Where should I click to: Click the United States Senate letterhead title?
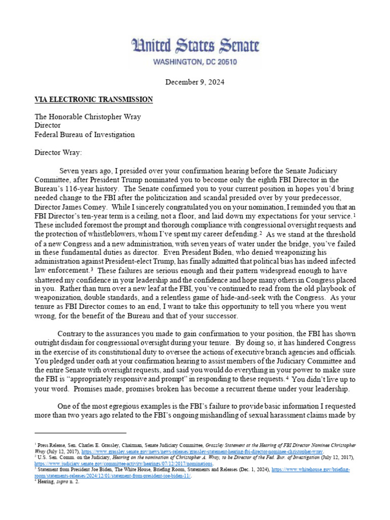click(194, 47)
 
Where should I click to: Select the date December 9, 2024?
click(194, 82)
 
